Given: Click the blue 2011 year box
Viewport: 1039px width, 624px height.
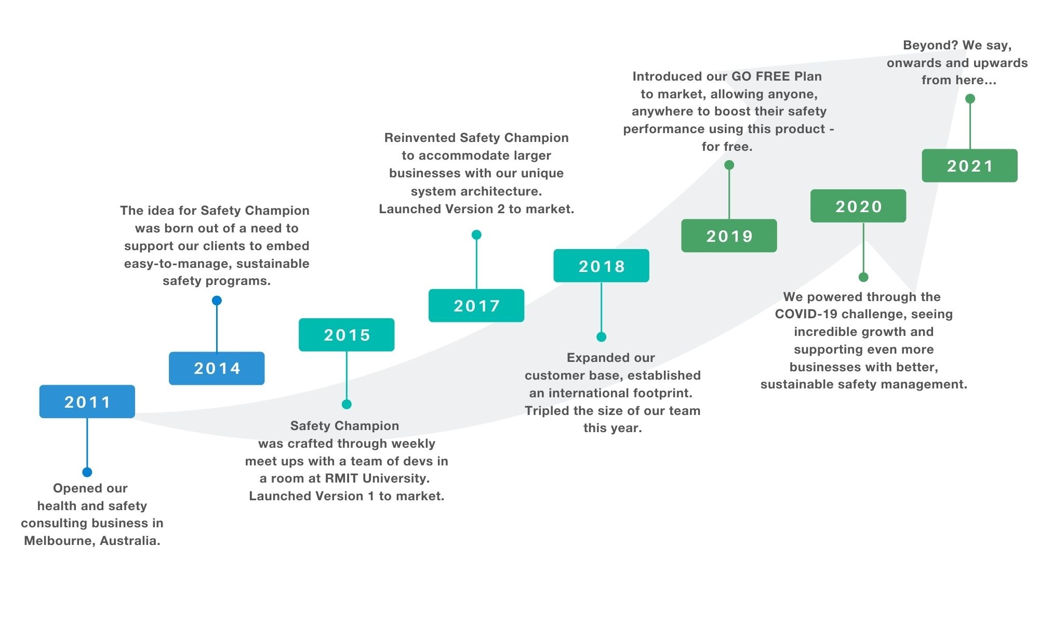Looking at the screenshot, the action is click(x=87, y=401).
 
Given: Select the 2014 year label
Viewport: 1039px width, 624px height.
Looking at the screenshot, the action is click(x=217, y=368).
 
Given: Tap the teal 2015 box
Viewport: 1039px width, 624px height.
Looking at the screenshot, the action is click(x=347, y=335).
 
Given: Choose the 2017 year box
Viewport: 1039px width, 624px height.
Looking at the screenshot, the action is click(x=476, y=306).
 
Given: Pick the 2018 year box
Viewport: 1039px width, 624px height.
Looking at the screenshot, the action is click(x=601, y=266).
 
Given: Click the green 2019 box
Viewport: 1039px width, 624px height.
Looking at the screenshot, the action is click(x=729, y=236).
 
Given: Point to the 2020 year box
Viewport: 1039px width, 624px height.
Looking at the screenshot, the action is click(x=858, y=206).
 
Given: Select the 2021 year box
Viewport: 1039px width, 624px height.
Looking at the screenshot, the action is click(x=969, y=165).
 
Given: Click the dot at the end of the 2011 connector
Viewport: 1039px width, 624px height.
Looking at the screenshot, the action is click(x=87, y=472).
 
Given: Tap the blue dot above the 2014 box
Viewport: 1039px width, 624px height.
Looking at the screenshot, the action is click(x=217, y=301).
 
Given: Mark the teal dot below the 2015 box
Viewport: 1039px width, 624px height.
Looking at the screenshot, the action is click(x=347, y=404).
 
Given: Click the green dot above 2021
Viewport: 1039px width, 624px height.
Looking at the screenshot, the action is click(x=970, y=99).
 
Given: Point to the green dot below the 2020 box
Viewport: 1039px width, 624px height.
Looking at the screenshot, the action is click(x=863, y=277).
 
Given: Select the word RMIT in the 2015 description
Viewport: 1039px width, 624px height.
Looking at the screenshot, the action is click(x=341, y=478).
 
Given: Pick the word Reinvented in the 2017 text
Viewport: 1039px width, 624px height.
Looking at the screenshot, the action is click(x=420, y=138).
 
